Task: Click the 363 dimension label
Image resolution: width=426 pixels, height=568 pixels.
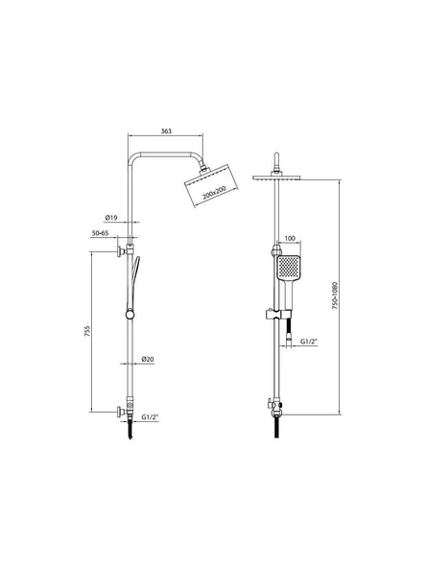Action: click(x=166, y=131)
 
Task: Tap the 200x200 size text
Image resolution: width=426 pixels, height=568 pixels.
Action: click(x=214, y=193)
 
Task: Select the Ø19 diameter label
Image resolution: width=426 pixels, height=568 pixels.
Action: click(x=111, y=218)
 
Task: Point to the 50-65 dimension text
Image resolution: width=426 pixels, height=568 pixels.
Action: click(x=100, y=233)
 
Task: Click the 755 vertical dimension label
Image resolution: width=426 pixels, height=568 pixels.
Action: click(x=87, y=331)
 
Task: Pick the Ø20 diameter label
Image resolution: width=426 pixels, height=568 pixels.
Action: click(x=148, y=360)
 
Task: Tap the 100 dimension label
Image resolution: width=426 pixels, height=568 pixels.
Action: click(x=290, y=238)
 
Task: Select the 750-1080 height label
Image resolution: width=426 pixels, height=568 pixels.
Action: click(x=334, y=296)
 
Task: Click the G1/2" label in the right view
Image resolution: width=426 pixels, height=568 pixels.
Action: click(x=309, y=342)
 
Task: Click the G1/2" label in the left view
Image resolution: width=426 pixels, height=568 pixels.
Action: click(x=150, y=417)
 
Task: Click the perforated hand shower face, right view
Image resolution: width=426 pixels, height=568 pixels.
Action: click(x=289, y=268)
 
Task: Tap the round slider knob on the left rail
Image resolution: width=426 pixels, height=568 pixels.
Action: click(x=130, y=315)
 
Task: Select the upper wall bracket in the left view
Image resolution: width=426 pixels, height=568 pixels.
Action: click(x=125, y=250)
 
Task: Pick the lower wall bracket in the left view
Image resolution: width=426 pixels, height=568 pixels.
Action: click(x=125, y=411)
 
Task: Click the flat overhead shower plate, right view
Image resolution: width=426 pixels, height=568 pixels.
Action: click(x=276, y=177)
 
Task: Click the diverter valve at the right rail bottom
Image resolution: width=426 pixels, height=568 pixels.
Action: click(x=276, y=407)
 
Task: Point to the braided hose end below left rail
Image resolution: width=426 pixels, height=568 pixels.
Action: click(x=130, y=430)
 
